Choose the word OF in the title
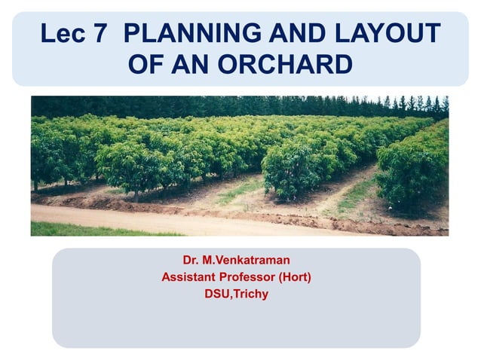(146, 65)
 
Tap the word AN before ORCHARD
(191, 65)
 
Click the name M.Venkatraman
(247, 261)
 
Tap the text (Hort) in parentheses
(295, 277)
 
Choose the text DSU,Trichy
(236, 294)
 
